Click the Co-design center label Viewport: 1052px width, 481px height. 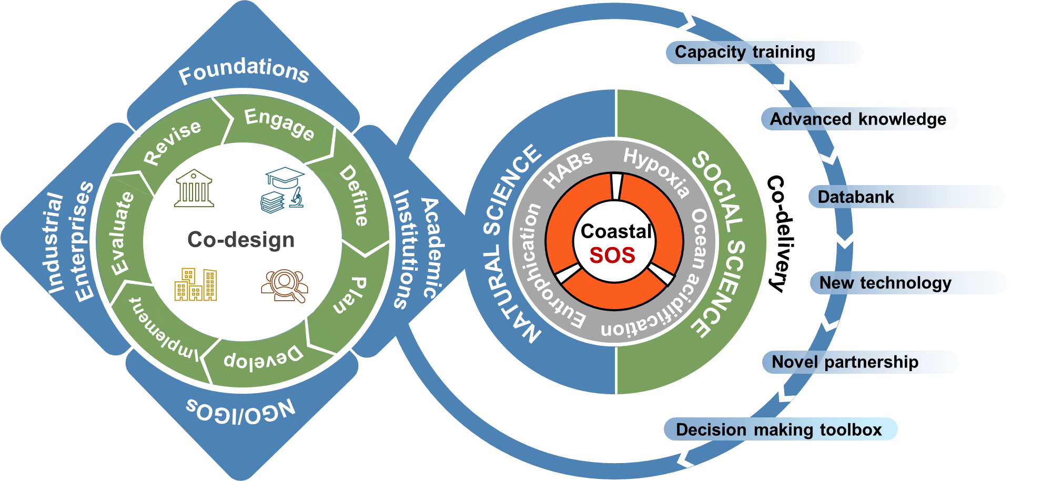click(241, 240)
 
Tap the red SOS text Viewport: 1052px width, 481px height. click(612, 255)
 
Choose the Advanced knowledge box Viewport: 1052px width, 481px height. click(858, 119)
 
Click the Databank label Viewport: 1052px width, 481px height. click(856, 197)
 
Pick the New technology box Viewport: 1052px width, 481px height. click(886, 283)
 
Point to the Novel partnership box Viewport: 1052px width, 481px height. click(845, 362)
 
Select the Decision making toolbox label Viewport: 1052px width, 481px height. click(779, 429)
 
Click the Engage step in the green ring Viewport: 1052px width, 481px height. click(279, 124)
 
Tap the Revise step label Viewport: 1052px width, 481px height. click(173, 142)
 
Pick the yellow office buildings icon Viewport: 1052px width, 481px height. click(196, 284)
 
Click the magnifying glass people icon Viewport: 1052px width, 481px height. click(285, 285)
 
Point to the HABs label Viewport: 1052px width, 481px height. click(568, 169)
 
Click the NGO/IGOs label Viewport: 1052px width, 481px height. click(241, 411)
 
